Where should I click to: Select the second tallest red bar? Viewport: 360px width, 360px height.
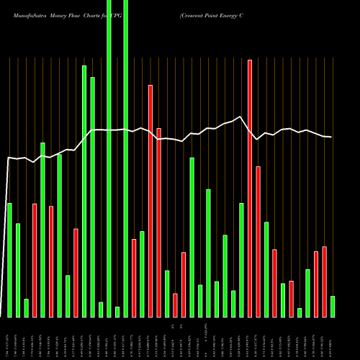(150, 201)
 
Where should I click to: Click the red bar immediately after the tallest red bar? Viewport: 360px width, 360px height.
(258, 241)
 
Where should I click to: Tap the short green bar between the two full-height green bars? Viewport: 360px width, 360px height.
(117, 312)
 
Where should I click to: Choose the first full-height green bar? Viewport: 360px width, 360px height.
(109, 158)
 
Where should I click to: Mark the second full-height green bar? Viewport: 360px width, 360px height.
(126, 158)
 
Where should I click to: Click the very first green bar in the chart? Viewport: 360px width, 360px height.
(9, 260)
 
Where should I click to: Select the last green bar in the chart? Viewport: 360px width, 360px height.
(333, 307)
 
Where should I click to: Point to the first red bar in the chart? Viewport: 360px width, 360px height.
(35, 260)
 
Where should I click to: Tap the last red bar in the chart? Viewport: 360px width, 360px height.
(324, 282)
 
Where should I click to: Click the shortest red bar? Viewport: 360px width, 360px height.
(175, 305)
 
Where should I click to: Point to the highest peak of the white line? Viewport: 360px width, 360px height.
(240, 117)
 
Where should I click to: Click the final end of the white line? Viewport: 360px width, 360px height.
(331, 137)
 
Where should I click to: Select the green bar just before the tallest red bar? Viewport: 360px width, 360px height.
(241, 260)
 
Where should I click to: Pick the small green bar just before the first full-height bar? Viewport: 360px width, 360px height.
(101, 310)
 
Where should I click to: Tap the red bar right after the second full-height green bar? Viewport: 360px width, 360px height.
(134, 278)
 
